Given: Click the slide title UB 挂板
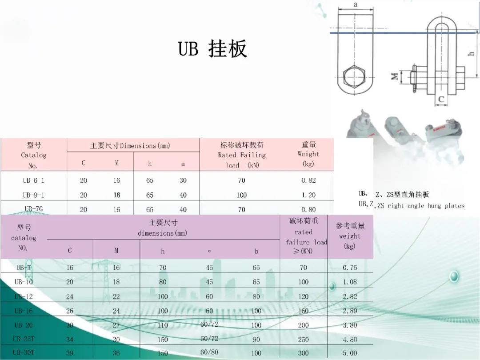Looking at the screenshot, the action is [x=212, y=49].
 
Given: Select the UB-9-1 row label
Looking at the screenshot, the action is [x=34, y=195].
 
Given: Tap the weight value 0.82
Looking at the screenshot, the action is [x=308, y=180].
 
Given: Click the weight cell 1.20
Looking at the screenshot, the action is [x=308, y=195].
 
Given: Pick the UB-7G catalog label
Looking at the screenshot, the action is [x=34, y=209].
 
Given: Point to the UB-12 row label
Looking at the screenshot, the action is [x=24, y=296].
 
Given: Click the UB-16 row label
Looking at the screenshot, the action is [x=24, y=311].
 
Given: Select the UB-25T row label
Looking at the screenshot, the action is [x=24, y=339].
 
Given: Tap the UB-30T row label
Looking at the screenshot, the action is [x=24, y=352].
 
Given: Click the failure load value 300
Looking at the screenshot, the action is [x=304, y=353].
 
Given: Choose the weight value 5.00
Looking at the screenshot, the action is [x=350, y=353].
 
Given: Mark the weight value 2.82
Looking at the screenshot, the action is [x=350, y=296].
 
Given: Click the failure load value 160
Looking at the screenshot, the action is [x=304, y=311].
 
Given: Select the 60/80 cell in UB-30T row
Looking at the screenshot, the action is [x=209, y=352].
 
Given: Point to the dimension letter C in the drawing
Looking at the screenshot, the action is [x=441, y=100].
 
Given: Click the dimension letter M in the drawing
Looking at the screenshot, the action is [x=395, y=76].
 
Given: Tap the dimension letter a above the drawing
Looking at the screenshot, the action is [x=356, y=4].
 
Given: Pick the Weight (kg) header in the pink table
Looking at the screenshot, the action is [x=308, y=154].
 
